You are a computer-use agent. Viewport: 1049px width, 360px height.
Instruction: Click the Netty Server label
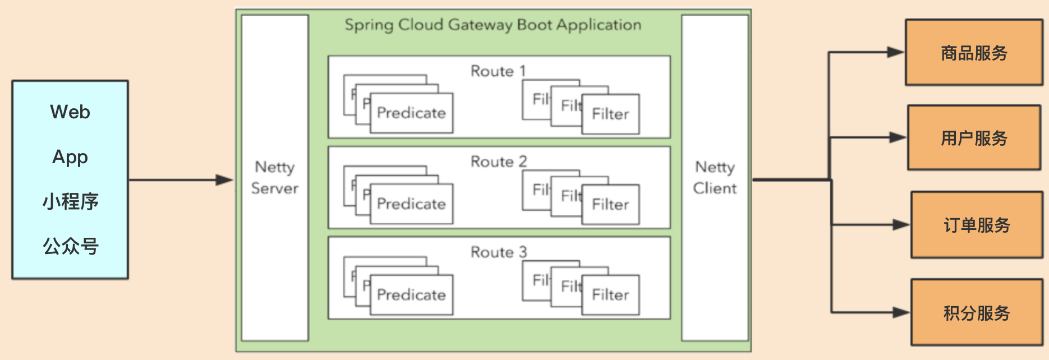tap(274, 177)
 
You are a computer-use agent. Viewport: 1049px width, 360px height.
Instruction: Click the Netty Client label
tap(715, 177)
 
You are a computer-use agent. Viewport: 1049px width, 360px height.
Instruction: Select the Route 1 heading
tap(498, 71)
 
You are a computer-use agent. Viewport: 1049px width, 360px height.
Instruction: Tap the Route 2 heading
tap(498, 161)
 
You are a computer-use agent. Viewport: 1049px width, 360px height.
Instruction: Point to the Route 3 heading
tap(498, 252)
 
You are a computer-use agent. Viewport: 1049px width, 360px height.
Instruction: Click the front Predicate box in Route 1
tap(412, 113)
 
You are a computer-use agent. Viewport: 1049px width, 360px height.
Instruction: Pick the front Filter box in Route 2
tap(610, 205)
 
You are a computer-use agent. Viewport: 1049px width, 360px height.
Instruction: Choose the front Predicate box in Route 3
tap(412, 295)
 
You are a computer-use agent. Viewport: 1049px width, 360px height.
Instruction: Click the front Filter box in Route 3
tap(610, 295)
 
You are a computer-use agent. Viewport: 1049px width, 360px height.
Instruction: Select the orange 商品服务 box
tap(974, 53)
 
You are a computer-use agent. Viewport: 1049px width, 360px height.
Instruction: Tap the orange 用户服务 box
tap(974, 138)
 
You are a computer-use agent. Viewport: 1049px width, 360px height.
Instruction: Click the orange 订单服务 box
tap(976, 225)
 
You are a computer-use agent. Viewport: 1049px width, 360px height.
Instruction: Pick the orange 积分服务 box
tap(976, 312)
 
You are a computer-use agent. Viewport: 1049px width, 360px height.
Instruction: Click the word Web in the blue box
tap(70, 112)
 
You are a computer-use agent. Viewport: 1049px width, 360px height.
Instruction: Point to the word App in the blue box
tap(70, 157)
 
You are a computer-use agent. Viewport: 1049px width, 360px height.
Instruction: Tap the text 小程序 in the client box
tap(70, 201)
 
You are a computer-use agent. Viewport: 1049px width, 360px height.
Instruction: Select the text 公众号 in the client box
tap(70, 246)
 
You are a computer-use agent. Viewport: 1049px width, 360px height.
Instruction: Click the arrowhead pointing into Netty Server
tap(225, 180)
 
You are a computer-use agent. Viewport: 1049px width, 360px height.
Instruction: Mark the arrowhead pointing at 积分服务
tap(901, 312)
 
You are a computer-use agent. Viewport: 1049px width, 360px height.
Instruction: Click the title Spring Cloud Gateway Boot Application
tap(493, 25)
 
